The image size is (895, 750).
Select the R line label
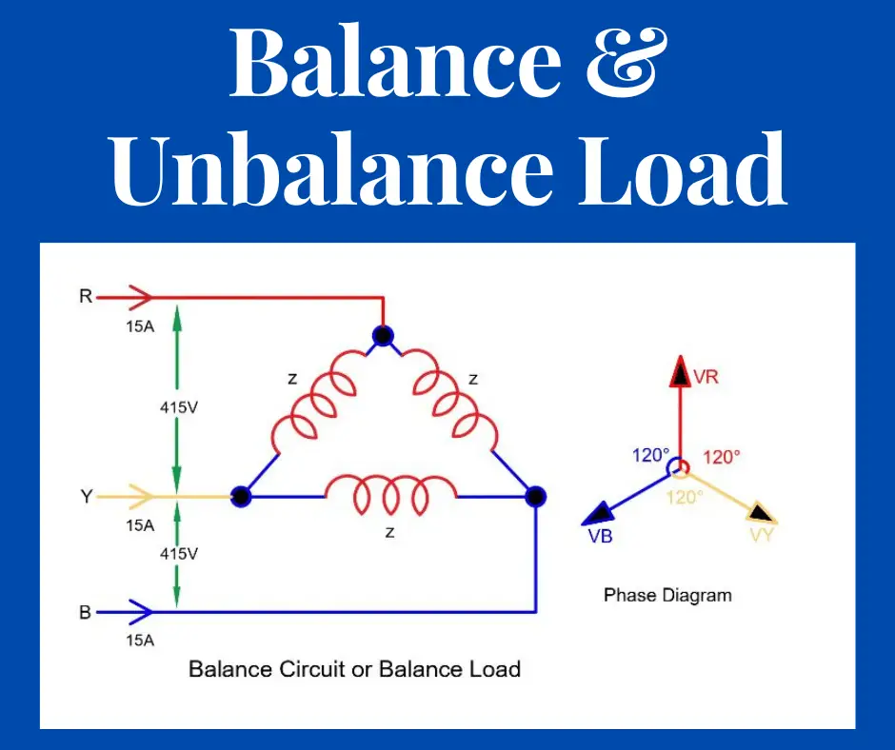86,297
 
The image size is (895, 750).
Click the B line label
86,612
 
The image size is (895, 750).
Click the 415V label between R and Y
178,406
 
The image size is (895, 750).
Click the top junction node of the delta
383,335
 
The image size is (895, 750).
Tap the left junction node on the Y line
241,496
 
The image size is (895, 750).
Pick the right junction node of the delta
536,496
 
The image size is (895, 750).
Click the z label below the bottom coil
390,532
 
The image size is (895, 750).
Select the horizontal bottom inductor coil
390,493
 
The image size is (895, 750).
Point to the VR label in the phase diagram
706,377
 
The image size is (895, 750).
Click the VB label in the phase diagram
600,537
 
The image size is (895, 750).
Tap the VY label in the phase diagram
761,535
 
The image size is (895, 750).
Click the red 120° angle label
722,457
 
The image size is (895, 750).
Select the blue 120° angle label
651,455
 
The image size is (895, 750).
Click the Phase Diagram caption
667,595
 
